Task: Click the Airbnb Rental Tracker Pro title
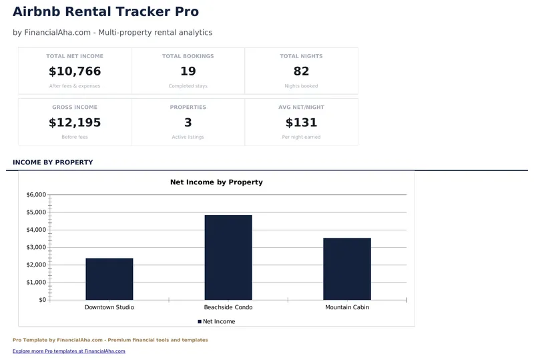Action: click(x=105, y=11)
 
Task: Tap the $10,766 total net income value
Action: click(x=75, y=71)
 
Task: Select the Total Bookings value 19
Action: click(x=188, y=71)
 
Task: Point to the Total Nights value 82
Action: click(x=301, y=71)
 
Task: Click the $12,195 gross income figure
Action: click(x=75, y=122)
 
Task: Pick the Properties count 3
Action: click(x=188, y=122)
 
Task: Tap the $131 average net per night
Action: click(x=301, y=122)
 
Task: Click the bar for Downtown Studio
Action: click(x=109, y=279)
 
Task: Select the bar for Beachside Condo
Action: click(x=228, y=257)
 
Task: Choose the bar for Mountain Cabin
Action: click(x=347, y=268)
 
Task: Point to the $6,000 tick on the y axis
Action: click(x=36, y=195)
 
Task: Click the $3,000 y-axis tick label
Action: click(x=36, y=247)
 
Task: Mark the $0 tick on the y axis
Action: click(x=42, y=300)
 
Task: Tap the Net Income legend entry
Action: click(x=216, y=321)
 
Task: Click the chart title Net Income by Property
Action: click(x=216, y=182)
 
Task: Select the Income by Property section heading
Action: click(x=53, y=162)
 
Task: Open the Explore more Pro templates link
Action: click(x=69, y=351)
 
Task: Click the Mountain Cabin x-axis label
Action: click(x=347, y=307)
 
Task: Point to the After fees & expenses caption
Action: click(x=75, y=86)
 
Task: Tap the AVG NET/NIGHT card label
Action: click(x=301, y=107)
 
